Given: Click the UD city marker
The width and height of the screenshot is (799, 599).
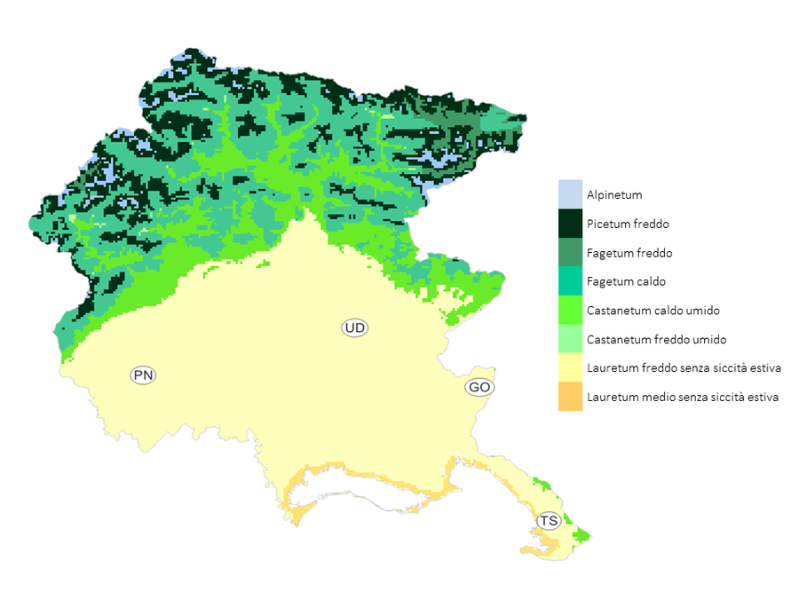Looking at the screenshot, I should pyautogui.click(x=355, y=328).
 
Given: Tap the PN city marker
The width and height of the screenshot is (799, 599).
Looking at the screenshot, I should pyautogui.click(x=143, y=375).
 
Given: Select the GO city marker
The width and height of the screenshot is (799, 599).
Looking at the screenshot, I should pyautogui.click(x=479, y=388).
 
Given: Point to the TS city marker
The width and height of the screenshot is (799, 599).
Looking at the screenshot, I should pyautogui.click(x=550, y=521).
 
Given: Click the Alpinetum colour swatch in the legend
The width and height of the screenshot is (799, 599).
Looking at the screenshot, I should pyautogui.click(x=570, y=194).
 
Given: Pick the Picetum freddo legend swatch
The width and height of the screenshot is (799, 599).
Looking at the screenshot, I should pyautogui.click(x=570, y=224).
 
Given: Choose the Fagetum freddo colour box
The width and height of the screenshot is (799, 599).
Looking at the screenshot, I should pyautogui.click(x=570, y=253).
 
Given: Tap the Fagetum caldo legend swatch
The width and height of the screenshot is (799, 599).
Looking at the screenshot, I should pyautogui.click(x=570, y=281).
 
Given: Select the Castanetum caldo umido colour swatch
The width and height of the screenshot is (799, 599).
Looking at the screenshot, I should pyautogui.click(x=570, y=311).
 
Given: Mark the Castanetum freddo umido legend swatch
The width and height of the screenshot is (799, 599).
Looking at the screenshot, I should pyautogui.click(x=570, y=339).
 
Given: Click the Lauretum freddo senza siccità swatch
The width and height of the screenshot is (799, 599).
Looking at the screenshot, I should pyautogui.click(x=570, y=367).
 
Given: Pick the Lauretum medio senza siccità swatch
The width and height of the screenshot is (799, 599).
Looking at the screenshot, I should pyautogui.click(x=570, y=397).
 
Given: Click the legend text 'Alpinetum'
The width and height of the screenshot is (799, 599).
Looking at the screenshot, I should pyautogui.click(x=613, y=195).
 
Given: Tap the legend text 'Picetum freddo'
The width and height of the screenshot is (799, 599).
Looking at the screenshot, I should pyautogui.click(x=628, y=225).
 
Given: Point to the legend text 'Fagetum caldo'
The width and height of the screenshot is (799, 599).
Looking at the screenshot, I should pyautogui.click(x=626, y=282).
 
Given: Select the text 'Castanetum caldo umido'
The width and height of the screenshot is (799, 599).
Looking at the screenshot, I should pyautogui.click(x=653, y=311).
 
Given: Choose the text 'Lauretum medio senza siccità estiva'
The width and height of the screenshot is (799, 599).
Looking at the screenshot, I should pyautogui.click(x=683, y=398).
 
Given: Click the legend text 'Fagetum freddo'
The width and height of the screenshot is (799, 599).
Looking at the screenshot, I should pyautogui.click(x=629, y=253).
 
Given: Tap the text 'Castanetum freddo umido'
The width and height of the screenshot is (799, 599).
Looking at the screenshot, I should pyautogui.click(x=654, y=340).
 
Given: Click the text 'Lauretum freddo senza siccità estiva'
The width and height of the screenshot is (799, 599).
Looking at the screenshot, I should pyautogui.click(x=684, y=368).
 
